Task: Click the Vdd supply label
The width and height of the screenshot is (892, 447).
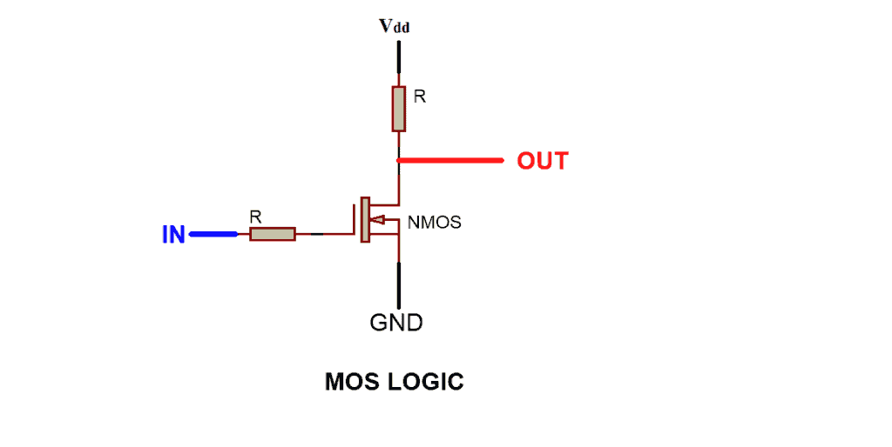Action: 394,25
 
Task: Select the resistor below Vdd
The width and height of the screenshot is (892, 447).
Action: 399,109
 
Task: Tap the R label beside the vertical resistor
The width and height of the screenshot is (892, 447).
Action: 420,97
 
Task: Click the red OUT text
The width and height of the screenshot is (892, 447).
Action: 542,161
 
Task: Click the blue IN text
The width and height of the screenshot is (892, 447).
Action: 173,234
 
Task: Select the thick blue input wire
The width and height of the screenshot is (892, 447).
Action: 213,234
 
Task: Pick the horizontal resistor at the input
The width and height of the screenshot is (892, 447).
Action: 272,234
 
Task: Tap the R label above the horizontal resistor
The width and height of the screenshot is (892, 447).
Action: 254,215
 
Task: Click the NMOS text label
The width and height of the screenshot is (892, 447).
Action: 434,223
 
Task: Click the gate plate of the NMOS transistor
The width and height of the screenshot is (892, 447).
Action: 357,219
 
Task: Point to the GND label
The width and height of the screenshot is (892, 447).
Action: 396,323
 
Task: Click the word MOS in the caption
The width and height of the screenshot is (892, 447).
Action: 353,381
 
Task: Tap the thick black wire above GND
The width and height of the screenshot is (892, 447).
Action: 399,284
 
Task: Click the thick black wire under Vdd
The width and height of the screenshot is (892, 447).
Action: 399,57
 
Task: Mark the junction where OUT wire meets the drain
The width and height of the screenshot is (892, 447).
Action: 399,161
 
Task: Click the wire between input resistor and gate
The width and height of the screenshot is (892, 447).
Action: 327,234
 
